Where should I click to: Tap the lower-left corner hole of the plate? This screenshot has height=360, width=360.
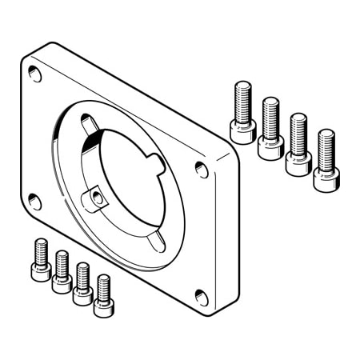point(35,200)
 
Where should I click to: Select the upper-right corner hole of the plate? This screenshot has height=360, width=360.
point(202,169)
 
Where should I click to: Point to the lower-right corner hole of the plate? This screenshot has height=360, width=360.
point(202,298)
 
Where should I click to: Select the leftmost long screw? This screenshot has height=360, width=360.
point(242,113)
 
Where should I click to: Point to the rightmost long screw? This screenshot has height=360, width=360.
point(325,160)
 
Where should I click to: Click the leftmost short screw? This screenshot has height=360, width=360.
point(41,260)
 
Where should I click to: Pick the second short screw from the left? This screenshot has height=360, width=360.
point(62,272)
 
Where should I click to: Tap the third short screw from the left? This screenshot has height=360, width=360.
point(82,284)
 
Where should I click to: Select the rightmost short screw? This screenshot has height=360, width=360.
point(102,295)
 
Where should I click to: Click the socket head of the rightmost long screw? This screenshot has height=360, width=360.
point(324,180)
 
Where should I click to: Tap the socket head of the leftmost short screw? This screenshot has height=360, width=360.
point(41,271)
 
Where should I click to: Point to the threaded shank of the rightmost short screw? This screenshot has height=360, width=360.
point(103,286)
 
